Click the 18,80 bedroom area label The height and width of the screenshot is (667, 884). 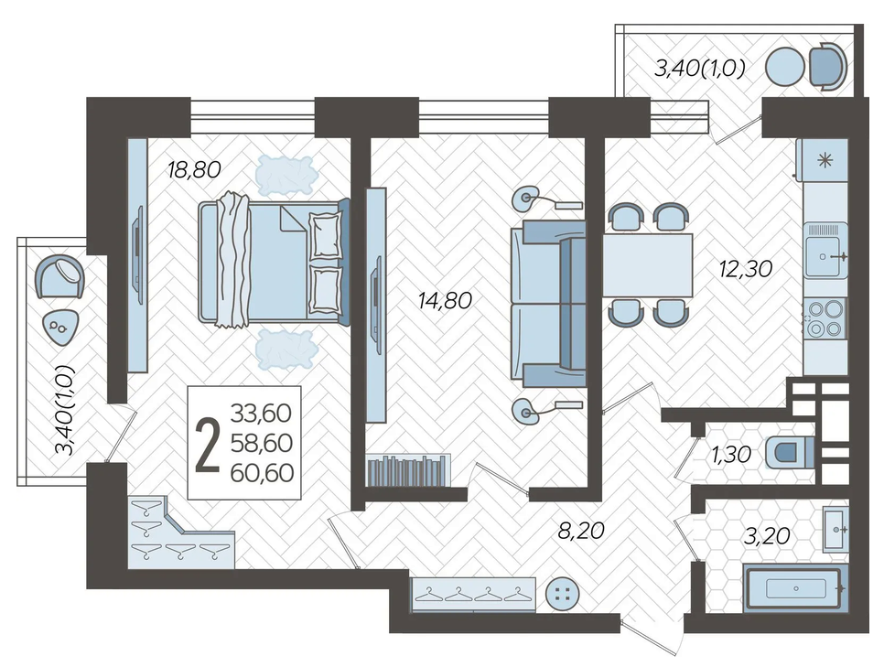pyautogui.click(x=194, y=169)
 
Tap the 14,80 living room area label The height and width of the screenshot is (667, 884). pyautogui.click(x=445, y=300)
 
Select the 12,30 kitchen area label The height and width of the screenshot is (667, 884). pyautogui.click(x=745, y=268)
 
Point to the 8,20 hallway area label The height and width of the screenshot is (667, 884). pyautogui.click(x=581, y=530)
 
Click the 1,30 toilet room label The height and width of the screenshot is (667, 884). pyautogui.click(x=731, y=454)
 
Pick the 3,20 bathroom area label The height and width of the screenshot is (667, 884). pyautogui.click(x=767, y=535)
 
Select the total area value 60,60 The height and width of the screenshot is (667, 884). pyautogui.click(x=262, y=472)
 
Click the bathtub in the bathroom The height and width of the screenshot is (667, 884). pyautogui.click(x=795, y=588)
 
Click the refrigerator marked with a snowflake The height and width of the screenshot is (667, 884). pyautogui.click(x=823, y=161)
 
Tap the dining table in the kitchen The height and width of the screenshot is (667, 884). pyautogui.click(x=648, y=265)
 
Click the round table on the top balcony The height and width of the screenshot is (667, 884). pyautogui.click(x=785, y=67)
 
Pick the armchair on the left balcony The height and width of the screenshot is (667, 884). pyautogui.click(x=59, y=276)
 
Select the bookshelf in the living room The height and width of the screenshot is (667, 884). pyautogui.click(x=409, y=470)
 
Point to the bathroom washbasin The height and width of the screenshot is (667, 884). pyautogui.click(x=835, y=529)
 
